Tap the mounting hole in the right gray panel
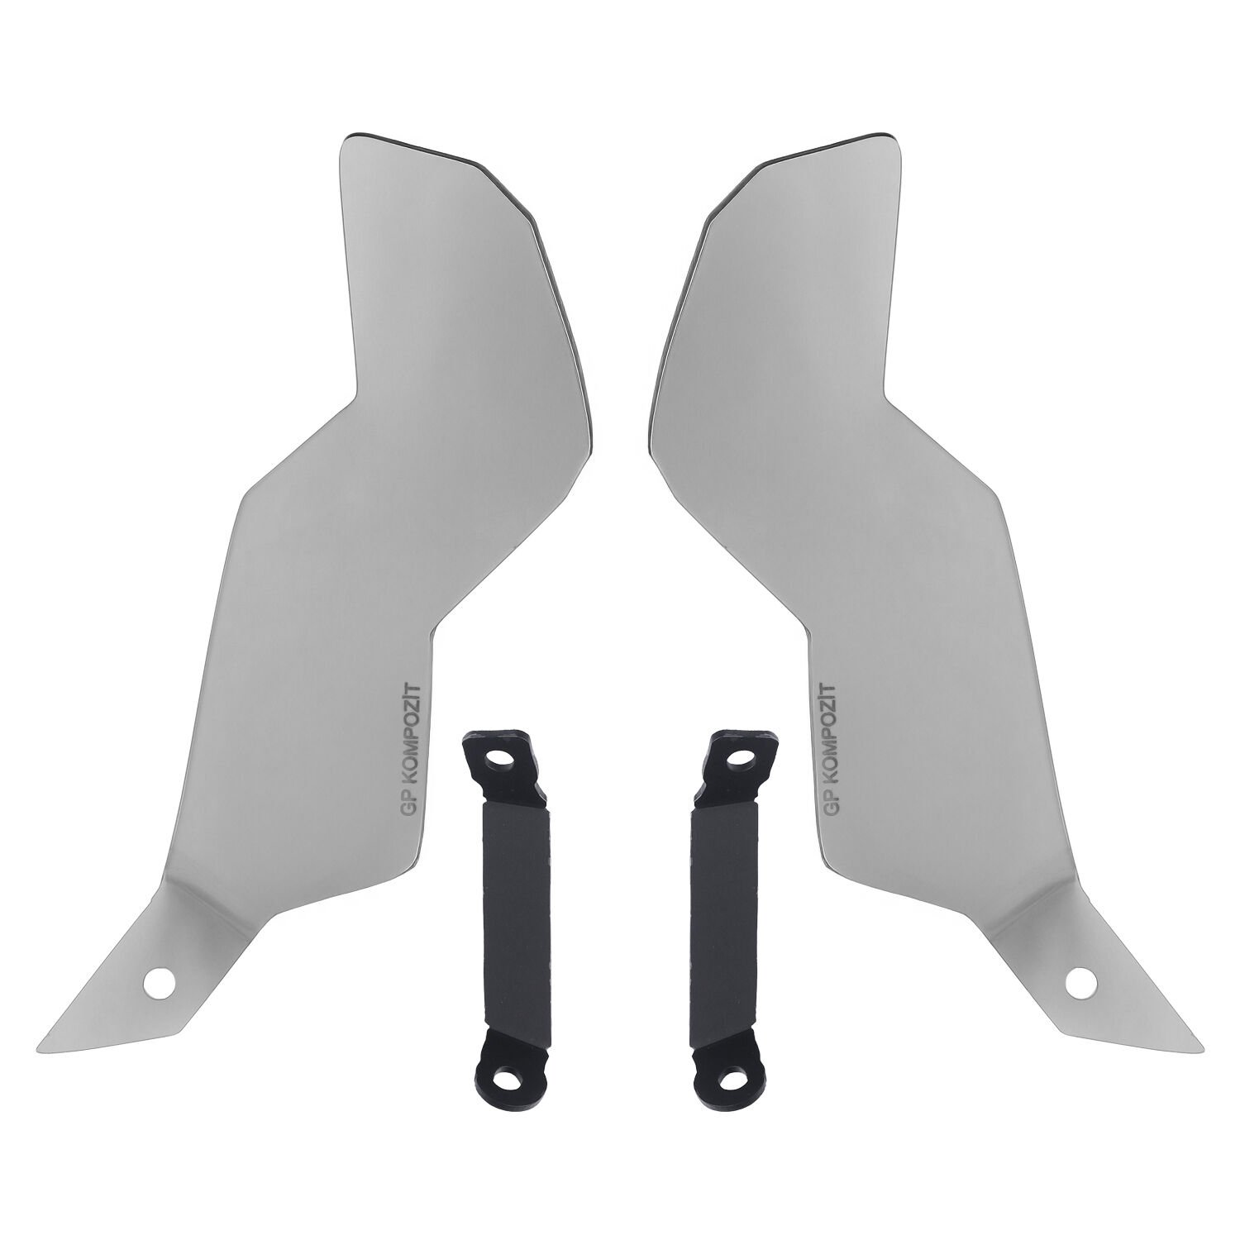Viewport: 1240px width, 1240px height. pyautogui.click(x=1079, y=982)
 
